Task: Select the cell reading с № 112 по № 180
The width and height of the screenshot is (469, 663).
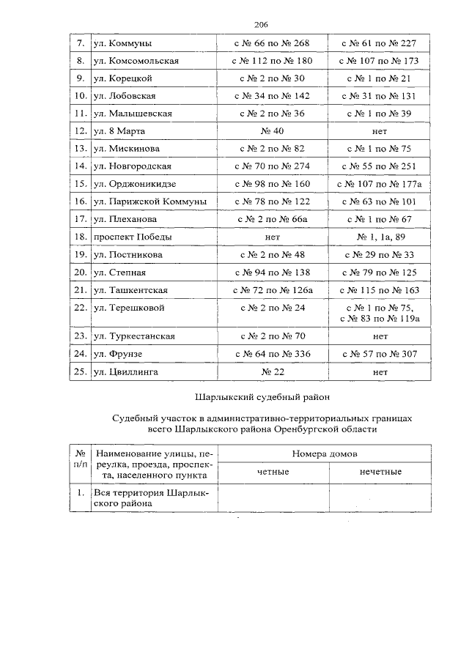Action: point(271,61)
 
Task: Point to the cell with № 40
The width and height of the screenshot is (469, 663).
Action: point(271,131)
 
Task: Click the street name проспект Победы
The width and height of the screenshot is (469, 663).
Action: point(133,237)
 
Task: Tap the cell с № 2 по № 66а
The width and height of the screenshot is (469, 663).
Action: point(271,219)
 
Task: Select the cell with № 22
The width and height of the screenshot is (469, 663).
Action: point(271,371)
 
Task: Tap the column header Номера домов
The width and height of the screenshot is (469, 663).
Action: point(325,453)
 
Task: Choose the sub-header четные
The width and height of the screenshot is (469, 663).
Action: point(273,472)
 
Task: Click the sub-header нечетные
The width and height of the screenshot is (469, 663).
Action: point(380,472)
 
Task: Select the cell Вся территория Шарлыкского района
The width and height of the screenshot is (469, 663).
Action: point(151,498)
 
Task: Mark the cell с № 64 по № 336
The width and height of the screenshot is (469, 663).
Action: point(271,354)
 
